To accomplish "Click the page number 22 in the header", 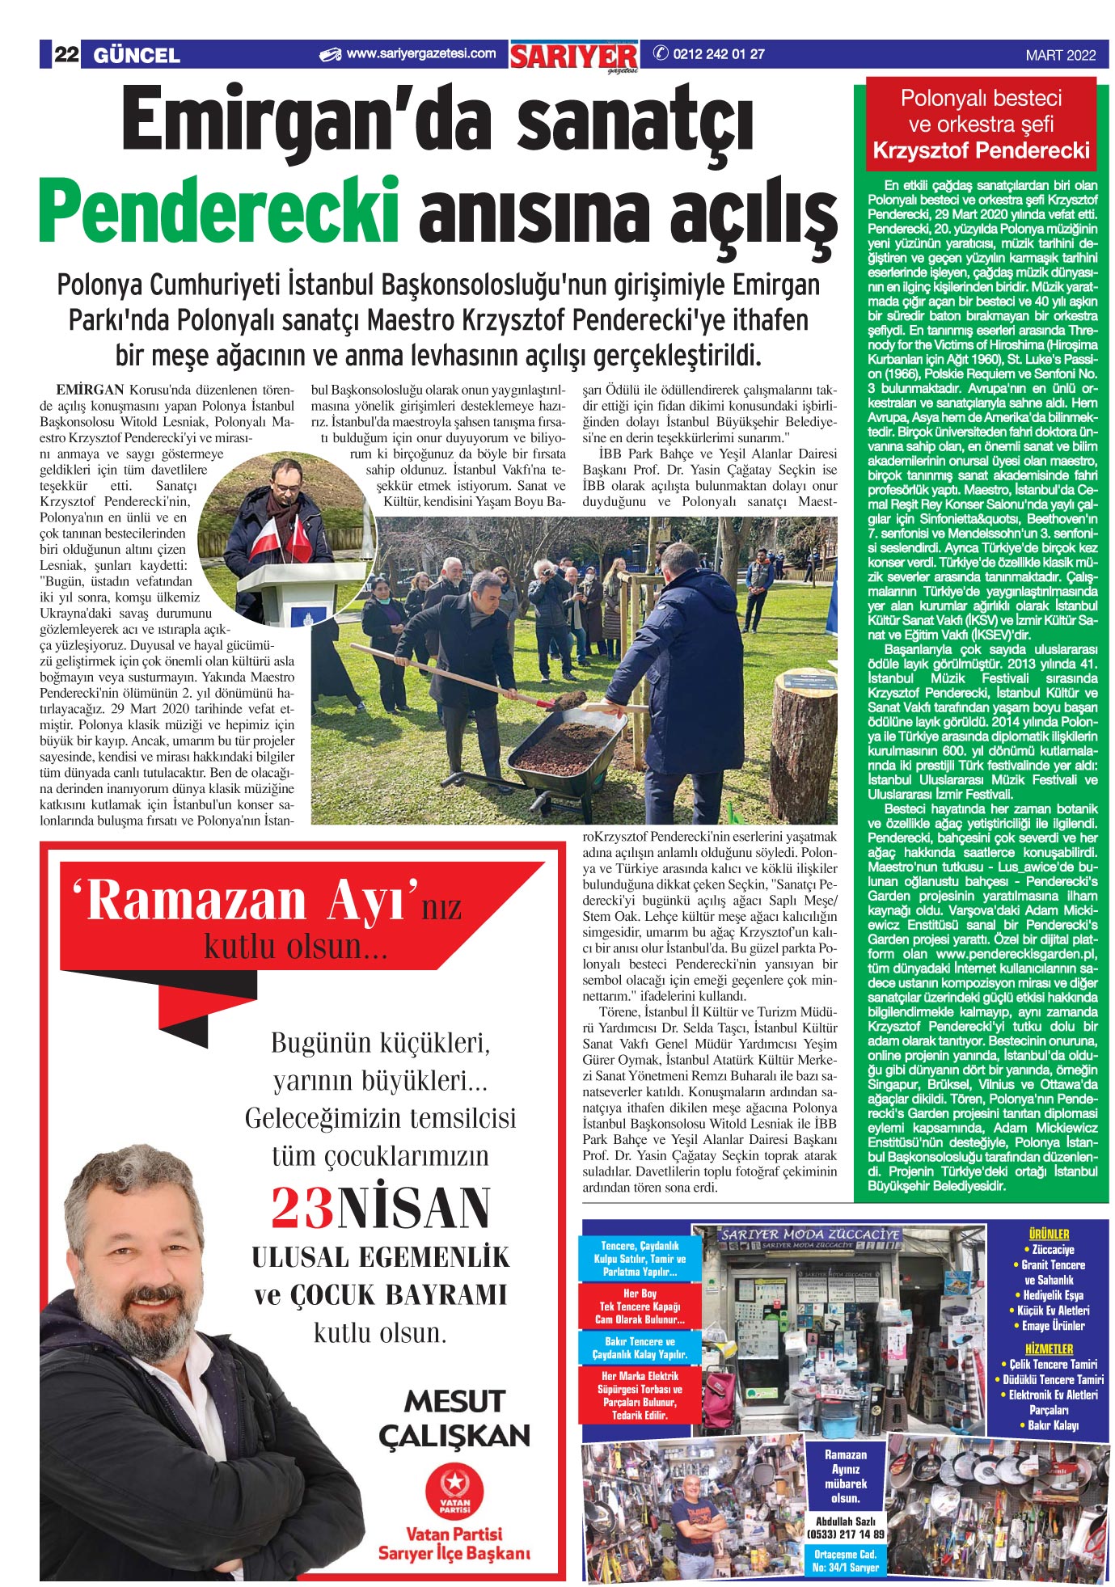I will [65, 55].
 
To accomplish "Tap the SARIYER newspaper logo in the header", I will [574, 57].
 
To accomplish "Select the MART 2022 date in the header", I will [1061, 56].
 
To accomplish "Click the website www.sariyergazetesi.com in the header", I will [420, 54].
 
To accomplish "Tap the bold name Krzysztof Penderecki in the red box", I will [981, 150].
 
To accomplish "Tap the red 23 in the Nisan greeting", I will [302, 1209].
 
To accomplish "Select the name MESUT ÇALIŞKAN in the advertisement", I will [454, 1418].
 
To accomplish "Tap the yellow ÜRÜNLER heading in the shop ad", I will [1049, 1235].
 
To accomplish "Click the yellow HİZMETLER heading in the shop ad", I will [1049, 1349].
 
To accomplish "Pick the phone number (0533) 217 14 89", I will [845, 1534].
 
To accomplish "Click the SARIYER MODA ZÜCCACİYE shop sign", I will [809, 1235].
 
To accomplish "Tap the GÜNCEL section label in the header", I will [137, 55].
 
